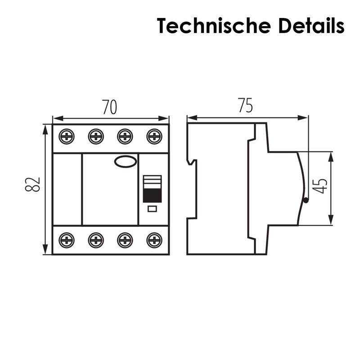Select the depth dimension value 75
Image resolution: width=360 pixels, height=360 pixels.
246,106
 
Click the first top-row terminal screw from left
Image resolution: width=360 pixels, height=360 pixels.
67,136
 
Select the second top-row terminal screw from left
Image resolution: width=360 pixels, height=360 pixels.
96,136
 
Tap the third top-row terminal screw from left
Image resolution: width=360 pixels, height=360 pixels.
125,136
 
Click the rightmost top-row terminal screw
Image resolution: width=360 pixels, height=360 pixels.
154,136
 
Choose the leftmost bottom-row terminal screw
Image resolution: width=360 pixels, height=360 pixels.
67,240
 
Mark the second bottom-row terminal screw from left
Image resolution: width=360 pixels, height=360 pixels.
96,240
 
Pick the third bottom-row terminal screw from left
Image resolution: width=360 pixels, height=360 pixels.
125,240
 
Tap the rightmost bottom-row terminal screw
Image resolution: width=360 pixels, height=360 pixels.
154,240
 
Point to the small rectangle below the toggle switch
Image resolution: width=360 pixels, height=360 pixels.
152,208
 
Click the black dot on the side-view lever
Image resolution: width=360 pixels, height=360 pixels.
306,201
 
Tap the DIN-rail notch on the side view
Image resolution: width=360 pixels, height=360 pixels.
193,162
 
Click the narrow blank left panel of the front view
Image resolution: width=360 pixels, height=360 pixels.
67,189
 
